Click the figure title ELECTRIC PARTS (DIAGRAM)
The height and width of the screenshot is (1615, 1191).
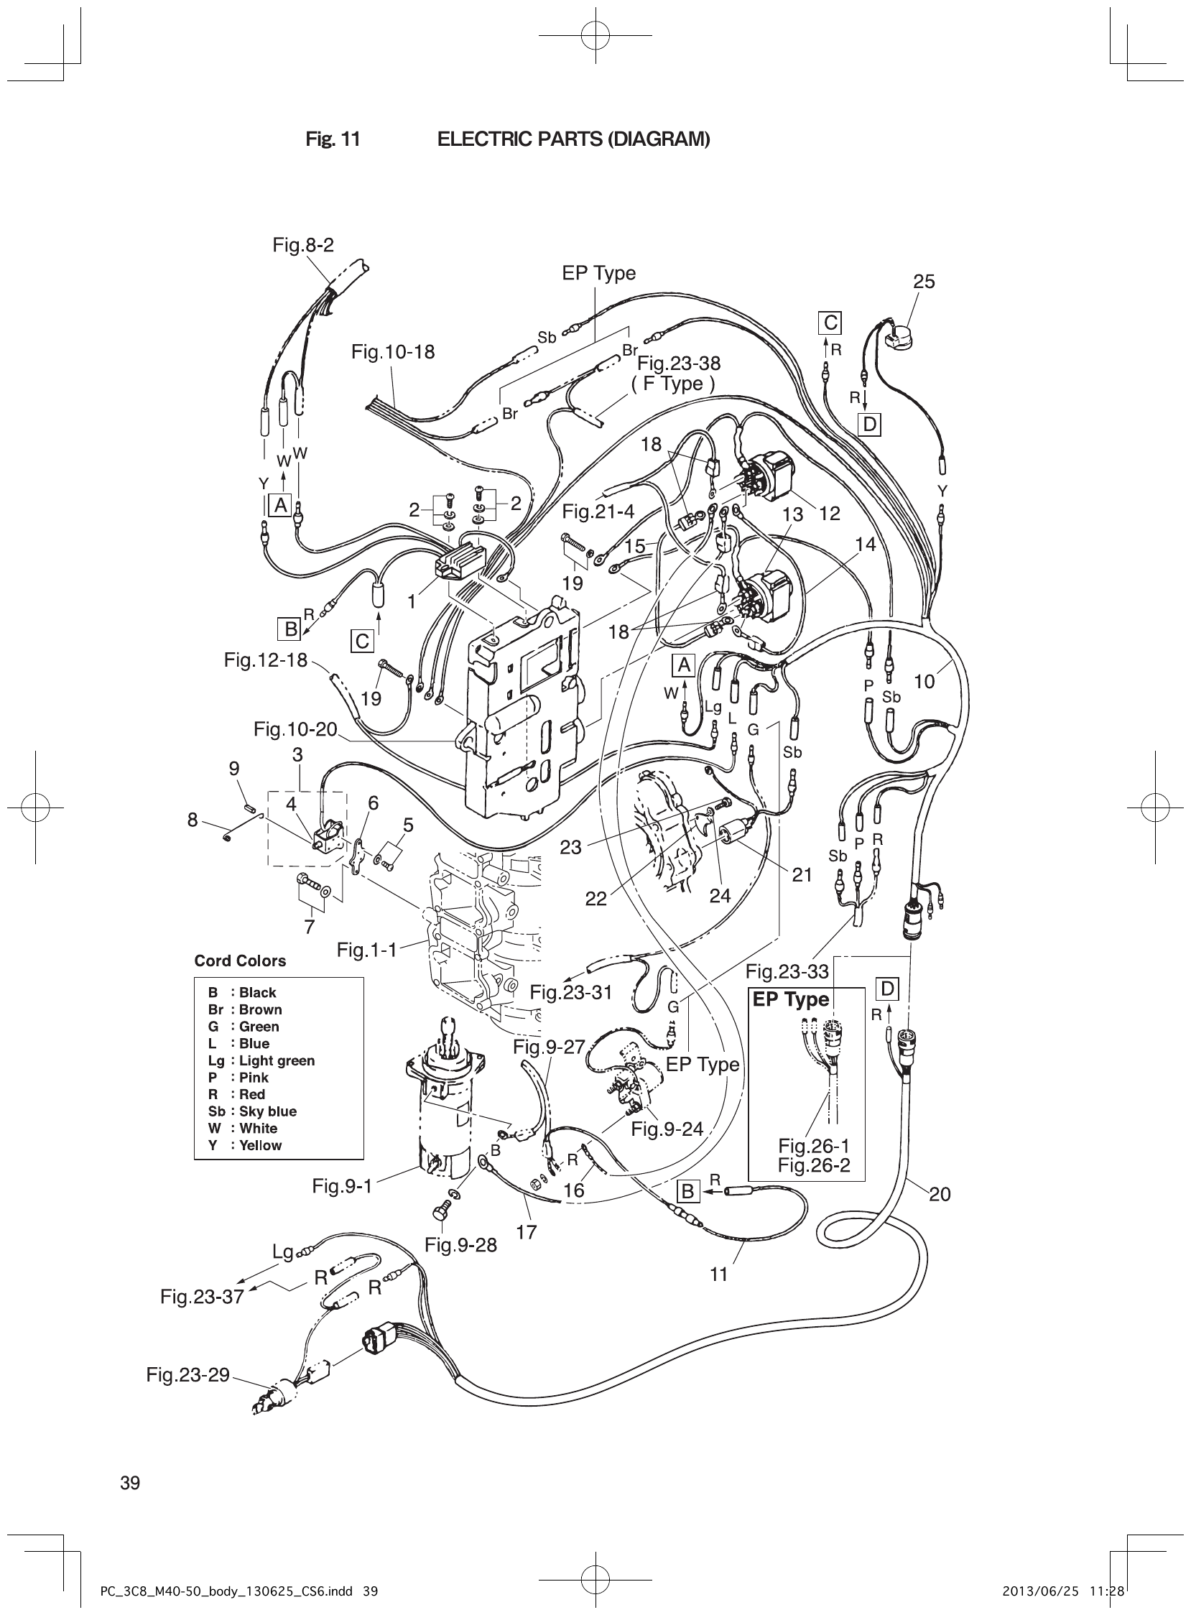click(573, 139)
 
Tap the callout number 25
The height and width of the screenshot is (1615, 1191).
click(924, 282)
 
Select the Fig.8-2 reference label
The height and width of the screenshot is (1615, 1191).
click(303, 245)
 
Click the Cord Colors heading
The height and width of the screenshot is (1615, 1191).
click(240, 961)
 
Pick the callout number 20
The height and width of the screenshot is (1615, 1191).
click(940, 1194)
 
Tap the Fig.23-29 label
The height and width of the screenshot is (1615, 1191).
click(187, 1375)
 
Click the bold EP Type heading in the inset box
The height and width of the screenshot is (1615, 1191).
click(790, 1000)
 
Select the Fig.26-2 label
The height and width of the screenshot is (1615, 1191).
click(814, 1165)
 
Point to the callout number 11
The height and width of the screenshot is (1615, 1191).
click(719, 1274)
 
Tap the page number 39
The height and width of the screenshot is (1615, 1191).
click(131, 1483)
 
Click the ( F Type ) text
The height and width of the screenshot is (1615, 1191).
click(672, 384)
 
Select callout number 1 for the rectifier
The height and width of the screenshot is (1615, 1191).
click(412, 601)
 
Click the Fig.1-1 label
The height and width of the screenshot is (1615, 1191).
click(366, 950)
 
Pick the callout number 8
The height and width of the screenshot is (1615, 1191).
click(193, 820)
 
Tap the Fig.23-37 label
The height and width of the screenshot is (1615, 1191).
click(202, 1297)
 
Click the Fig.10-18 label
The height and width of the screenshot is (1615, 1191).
click(393, 352)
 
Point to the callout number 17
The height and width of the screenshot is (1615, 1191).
click(527, 1232)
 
